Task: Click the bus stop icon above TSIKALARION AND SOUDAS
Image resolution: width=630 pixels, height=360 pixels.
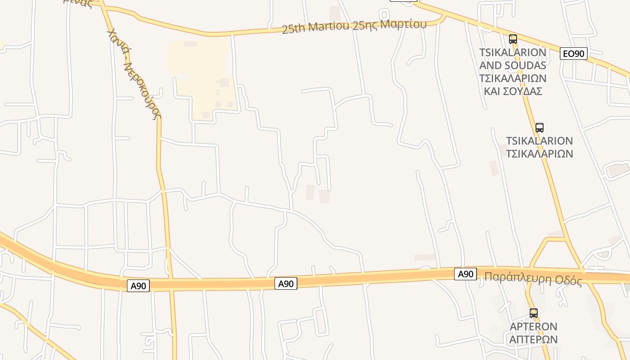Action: click(513, 39)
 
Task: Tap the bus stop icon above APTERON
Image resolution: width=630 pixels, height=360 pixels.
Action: click(533, 313)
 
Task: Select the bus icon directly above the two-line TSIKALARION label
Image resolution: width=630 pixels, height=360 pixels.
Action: click(539, 128)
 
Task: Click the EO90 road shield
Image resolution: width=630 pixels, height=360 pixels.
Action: click(574, 54)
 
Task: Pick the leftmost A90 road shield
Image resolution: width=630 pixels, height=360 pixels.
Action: click(138, 286)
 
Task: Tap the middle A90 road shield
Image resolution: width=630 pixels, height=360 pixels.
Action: click(286, 283)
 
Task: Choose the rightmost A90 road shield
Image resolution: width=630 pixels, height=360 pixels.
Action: click(465, 274)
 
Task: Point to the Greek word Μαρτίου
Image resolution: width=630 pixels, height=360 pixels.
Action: click(403, 24)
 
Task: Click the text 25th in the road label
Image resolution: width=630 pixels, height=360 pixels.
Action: click(292, 29)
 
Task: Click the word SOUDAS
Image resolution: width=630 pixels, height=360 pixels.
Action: click(524, 65)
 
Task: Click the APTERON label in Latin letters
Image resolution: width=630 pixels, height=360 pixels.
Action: click(533, 327)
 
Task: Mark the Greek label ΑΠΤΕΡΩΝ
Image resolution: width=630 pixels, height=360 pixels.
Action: click(533, 339)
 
